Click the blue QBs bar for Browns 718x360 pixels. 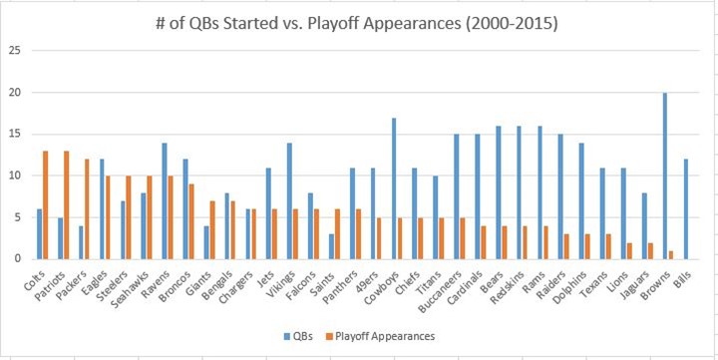coord(665,176)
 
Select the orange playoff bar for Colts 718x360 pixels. coord(46,204)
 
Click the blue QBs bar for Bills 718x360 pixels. coord(687,208)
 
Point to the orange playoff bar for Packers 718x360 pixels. coord(89,208)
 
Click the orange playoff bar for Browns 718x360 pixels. coord(672,254)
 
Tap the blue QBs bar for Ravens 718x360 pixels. coord(166,200)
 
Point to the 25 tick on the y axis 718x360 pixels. coord(14,51)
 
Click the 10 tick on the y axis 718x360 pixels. coord(14,176)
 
